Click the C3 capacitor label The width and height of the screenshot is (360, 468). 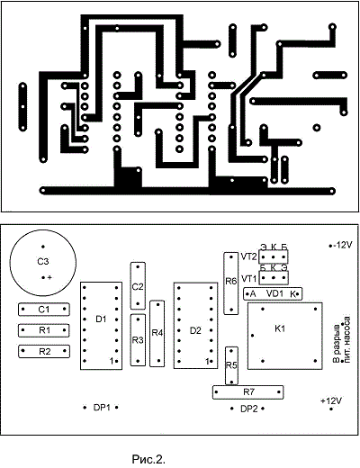(43, 262)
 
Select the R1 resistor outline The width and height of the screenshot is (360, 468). (19, 330)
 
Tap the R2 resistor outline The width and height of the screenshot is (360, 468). (19, 351)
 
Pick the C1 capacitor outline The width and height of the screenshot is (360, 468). (19, 310)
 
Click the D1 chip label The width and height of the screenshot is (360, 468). (101, 319)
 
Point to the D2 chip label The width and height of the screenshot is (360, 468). (195, 330)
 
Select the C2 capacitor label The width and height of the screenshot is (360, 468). (138, 287)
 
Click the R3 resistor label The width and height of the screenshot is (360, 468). (138, 340)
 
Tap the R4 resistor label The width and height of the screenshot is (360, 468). (157, 333)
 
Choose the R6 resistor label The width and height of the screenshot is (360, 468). (231, 281)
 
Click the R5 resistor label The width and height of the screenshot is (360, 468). (231, 365)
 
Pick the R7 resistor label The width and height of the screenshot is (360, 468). (248, 391)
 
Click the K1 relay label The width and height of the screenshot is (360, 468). (280, 328)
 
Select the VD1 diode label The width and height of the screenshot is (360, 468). (274, 293)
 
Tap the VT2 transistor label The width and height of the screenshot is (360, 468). (248, 256)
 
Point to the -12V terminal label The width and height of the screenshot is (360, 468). (342, 245)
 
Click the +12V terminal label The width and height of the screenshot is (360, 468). (331, 400)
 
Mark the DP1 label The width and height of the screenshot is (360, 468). (102, 408)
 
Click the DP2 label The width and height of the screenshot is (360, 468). (249, 409)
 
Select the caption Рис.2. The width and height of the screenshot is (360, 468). (148, 459)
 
